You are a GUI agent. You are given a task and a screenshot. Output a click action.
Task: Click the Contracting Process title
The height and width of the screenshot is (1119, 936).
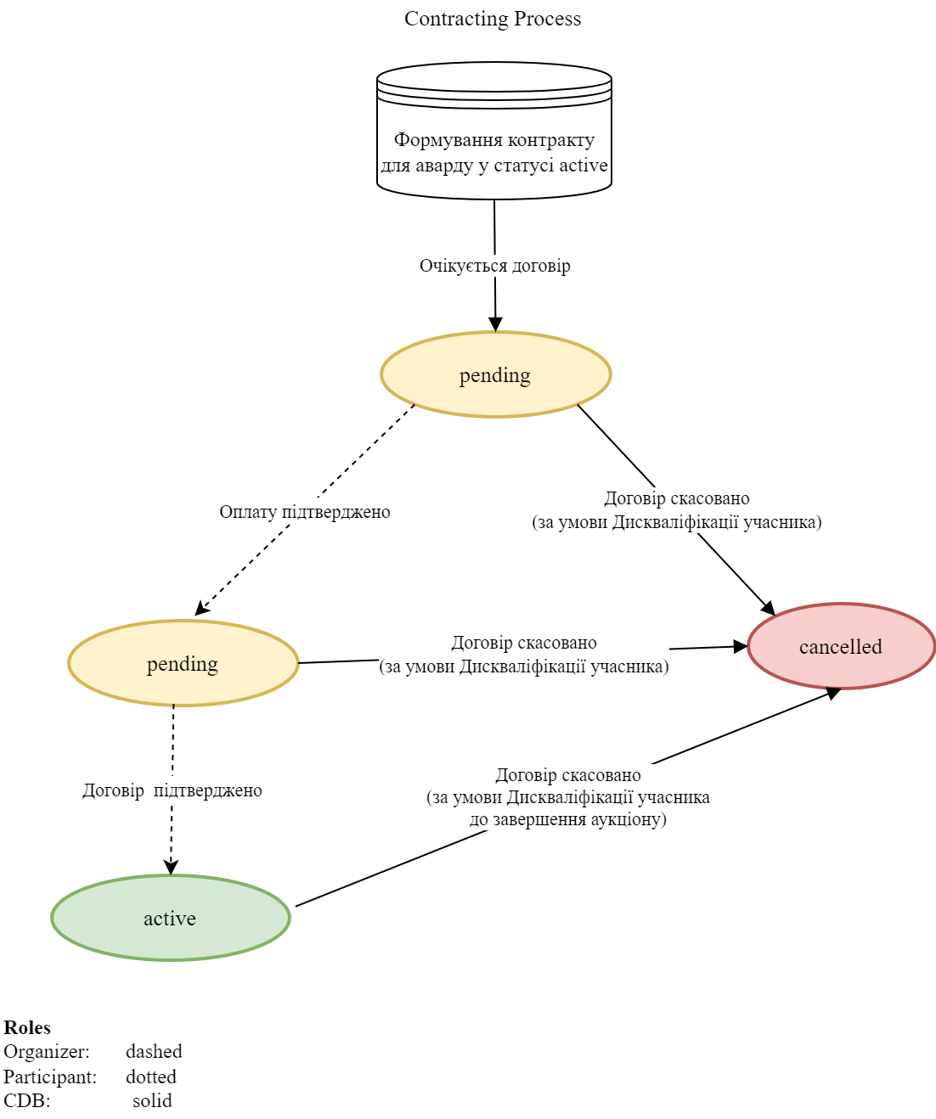493,19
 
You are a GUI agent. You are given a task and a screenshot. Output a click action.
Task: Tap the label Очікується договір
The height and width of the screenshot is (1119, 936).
494,266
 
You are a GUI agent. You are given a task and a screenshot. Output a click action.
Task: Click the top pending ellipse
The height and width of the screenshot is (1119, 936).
495,374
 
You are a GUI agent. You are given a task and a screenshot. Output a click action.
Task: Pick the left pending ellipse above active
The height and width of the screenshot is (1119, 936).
183,663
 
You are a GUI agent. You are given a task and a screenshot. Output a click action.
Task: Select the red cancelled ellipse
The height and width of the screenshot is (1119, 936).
841,646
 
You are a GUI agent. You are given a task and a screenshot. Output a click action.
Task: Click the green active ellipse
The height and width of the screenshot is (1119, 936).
170,918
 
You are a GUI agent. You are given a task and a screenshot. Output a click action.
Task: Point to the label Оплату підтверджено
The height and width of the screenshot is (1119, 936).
304,512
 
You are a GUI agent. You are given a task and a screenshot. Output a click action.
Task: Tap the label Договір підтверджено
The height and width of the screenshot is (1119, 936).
172,790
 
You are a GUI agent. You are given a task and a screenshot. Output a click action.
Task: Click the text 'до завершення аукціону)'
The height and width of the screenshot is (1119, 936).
567,819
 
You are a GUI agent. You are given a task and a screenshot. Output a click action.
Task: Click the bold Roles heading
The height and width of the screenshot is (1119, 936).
27,1027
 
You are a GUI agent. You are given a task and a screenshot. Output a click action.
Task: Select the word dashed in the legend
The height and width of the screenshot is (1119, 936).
154,1051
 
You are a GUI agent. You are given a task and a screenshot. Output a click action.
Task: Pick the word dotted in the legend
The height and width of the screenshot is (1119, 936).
151,1077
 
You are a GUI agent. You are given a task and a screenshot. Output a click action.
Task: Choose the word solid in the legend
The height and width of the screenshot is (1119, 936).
152,1100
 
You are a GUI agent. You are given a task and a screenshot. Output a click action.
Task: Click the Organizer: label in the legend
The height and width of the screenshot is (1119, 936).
47,1051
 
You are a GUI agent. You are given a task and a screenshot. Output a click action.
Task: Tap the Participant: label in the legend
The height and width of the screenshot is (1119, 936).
50,1077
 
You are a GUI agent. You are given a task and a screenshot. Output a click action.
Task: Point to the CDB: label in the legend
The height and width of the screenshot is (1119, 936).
27,1100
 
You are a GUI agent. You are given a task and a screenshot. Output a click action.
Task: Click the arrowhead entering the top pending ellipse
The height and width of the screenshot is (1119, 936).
495,324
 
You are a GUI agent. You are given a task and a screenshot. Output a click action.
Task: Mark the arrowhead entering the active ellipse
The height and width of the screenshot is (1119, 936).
172,867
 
